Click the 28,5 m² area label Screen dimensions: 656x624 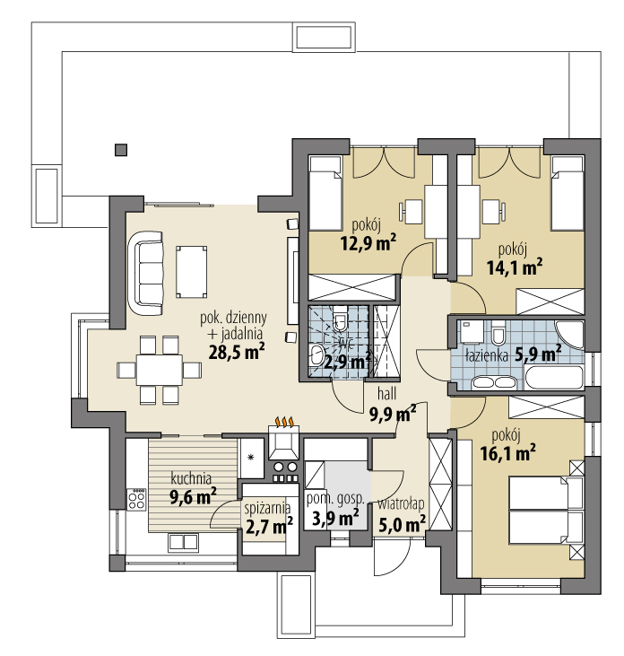click(x=236, y=352)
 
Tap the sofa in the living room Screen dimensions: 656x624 click(x=148, y=269)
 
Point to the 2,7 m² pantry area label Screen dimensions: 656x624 click(x=270, y=525)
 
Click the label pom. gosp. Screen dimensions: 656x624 click(x=335, y=499)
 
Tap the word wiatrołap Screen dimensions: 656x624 click(x=401, y=503)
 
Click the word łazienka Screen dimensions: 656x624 click(x=487, y=355)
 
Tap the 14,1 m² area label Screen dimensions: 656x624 click(x=518, y=266)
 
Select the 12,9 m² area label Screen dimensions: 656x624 click(x=368, y=241)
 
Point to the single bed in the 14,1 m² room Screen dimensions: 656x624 click(x=566, y=193)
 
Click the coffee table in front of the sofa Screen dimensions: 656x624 click(x=190, y=271)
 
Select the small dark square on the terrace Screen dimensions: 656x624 click(x=120, y=150)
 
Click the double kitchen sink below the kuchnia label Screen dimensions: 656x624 click(x=183, y=541)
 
